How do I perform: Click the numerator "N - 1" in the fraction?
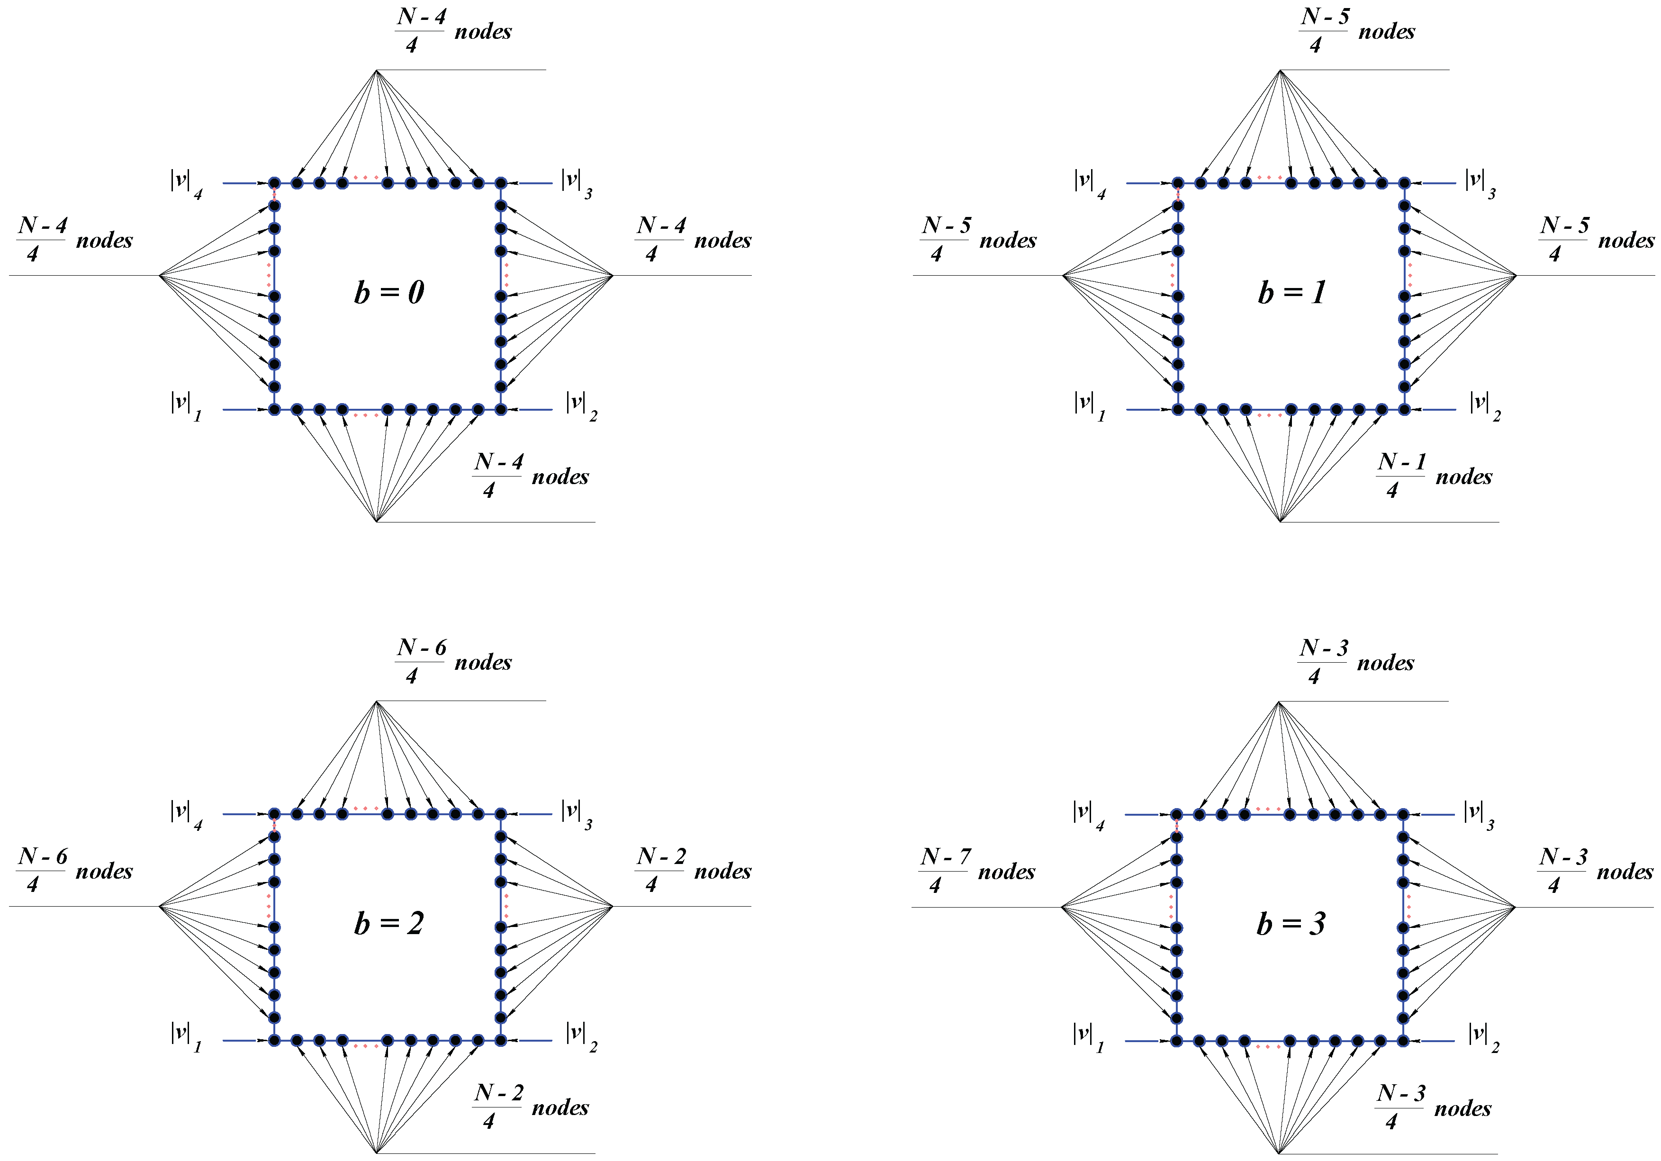[1401, 461]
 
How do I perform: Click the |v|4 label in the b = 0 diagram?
[186, 183]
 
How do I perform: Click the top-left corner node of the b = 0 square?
[274, 183]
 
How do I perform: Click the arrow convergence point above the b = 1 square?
[1281, 70]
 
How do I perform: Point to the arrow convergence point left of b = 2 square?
[159, 906]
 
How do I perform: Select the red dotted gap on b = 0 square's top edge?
[365, 177]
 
